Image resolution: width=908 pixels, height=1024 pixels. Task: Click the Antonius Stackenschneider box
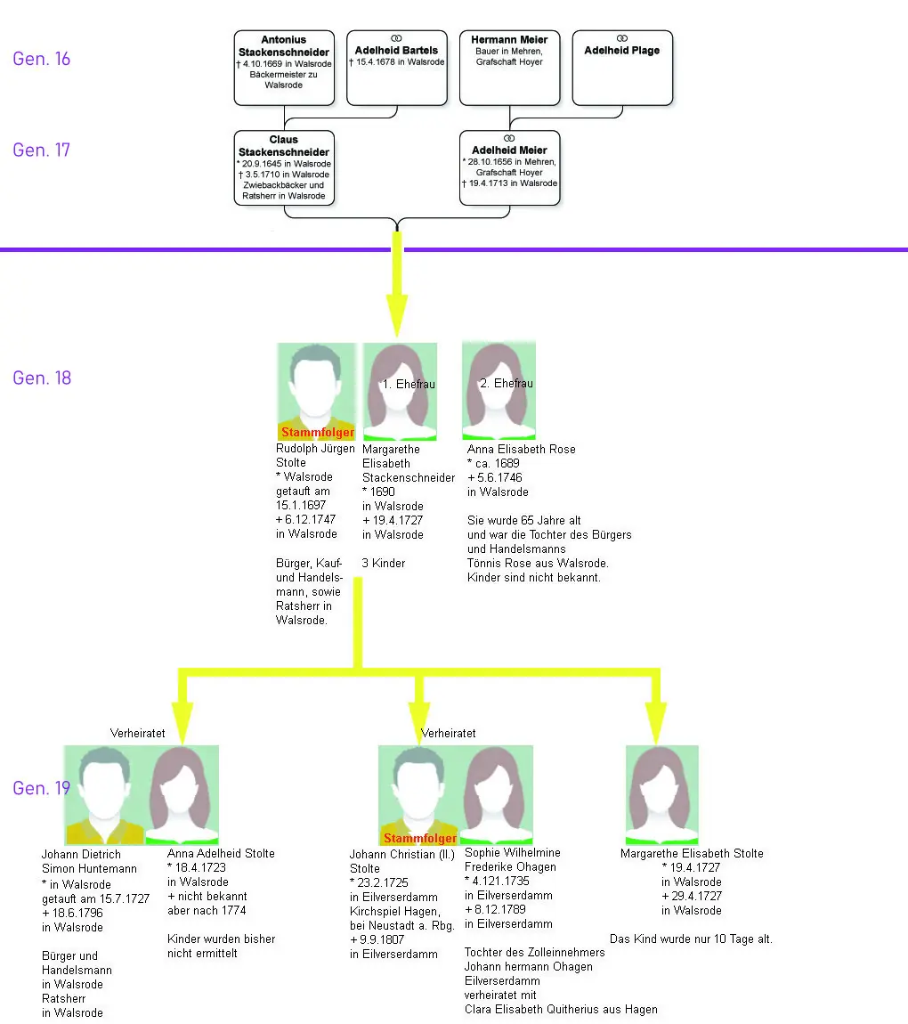[x=284, y=68]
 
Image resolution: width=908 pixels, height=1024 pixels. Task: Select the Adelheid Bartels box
[x=396, y=68]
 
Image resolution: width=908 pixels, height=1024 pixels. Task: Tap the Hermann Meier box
[x=509, y=68]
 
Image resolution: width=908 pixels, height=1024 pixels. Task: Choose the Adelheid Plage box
[x=621, y=68]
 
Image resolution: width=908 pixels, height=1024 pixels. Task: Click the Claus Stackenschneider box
[x=284, y=167]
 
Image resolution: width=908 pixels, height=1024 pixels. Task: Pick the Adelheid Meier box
[x=509, y=167]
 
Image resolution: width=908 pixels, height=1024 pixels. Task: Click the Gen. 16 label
[x=41, y=59]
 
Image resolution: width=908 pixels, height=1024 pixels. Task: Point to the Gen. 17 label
[x=41, y=150]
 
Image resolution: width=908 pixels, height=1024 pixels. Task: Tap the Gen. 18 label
[x=41, y=378]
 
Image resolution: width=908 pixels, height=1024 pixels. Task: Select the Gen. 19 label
[x=41, y=788]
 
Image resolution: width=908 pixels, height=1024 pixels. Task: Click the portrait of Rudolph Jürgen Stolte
[x=316, y=392]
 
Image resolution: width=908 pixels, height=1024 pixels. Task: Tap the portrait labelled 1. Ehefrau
[x=400, y=392]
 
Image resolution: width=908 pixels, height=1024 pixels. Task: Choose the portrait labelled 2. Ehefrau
[x=499, y=392]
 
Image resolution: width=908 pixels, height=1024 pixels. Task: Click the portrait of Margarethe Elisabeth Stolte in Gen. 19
[x=661, y=794]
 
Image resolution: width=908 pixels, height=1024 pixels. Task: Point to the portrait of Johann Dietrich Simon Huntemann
[x=105, y=794]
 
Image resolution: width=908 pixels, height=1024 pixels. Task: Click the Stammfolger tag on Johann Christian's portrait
[x=419, y=839]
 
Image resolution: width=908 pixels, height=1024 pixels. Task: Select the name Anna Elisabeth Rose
[x=521, y=450]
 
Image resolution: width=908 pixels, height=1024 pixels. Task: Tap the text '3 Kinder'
[x=384, y=564]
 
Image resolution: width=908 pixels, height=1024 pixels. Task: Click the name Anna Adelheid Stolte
[x=221, y=853]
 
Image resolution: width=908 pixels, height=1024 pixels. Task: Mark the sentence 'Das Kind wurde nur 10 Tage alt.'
[x=690, y=939]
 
